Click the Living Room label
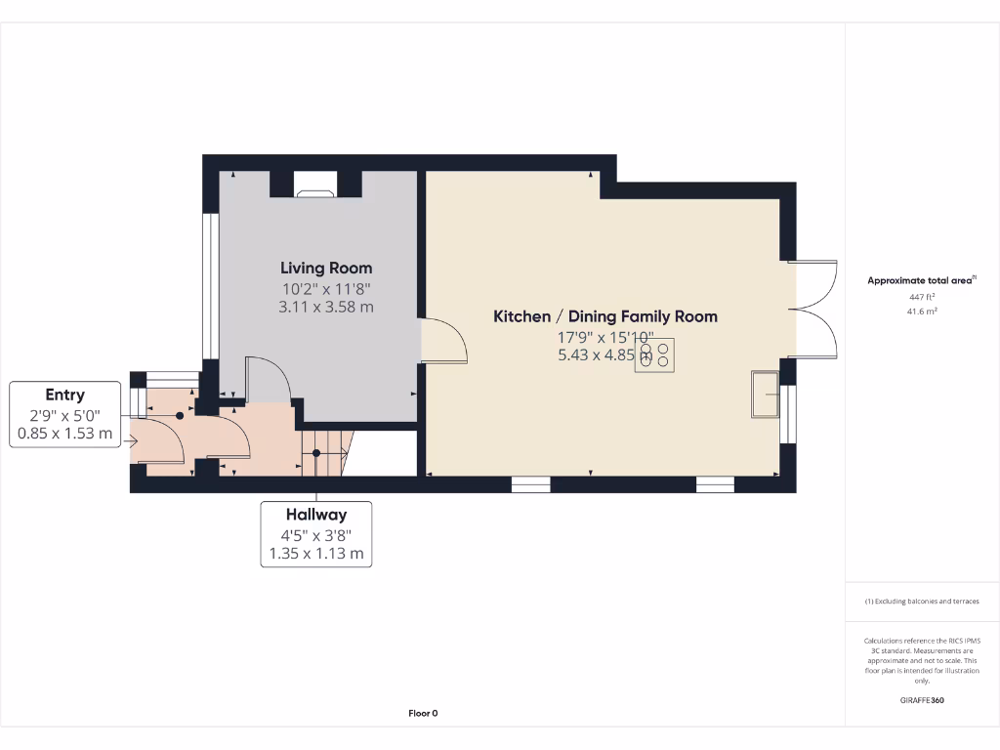326,268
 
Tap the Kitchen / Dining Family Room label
604,316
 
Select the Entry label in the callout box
64,396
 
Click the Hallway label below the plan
315,515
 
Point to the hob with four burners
654,354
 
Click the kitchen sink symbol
764,395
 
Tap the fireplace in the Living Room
315,192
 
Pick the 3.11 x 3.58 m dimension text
326,307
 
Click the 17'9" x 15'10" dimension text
604,338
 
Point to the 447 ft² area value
922,296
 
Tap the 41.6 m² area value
922,311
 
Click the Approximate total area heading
921,280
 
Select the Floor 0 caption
423,713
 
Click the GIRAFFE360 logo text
922,699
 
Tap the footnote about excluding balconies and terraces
922,602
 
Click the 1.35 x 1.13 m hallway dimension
315,554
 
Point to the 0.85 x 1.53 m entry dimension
64,434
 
